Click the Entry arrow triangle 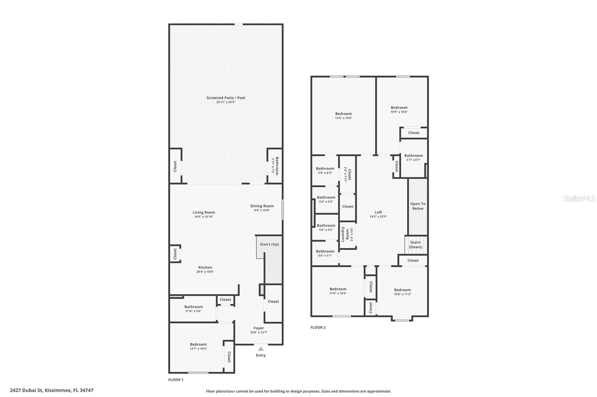click(x=261, y=349)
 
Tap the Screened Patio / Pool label click(x=226, y=98)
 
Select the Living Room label click(x=204, y=212)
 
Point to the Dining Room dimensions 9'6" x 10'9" click(x=262, y=210)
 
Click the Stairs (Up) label click(x=269, y=244)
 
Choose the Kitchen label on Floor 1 click(x=205, y=267)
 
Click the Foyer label click(x=259, y=328)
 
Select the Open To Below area click(x=418, y=206)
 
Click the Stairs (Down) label click(x=415, y=244)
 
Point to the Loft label click(x=378, y=212)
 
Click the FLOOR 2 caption click(x=318, y=327)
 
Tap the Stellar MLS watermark click(x=579, y=198)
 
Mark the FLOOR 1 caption click(x=176, y=380)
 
